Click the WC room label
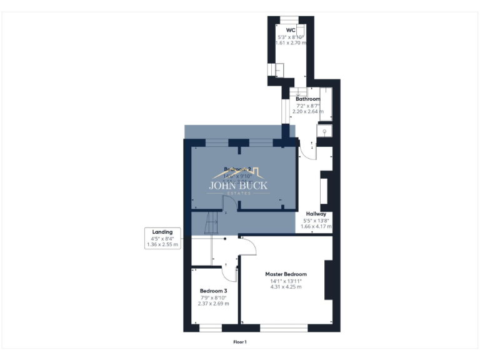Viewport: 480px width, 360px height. coord(291,29)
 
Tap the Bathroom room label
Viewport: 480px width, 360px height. coord(307,99)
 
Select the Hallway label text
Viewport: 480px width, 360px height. coord(316,214)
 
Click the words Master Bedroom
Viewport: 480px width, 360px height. coord(286,274)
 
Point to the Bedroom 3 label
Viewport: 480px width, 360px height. coord(213,291)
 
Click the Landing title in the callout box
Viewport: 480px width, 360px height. coord(162,232)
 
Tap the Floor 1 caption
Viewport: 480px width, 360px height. coord(240,342)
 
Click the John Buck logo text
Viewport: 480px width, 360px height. coord(237,185)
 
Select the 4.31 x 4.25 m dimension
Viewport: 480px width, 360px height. coord(286,287)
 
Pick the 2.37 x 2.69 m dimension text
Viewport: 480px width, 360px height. coord(213,304)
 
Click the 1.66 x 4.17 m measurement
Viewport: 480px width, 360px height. coord(316,226)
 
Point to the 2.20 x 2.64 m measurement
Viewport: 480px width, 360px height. coord(307,111)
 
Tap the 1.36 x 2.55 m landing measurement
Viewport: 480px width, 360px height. coord(162,244)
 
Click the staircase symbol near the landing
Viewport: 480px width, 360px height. coord(211,222)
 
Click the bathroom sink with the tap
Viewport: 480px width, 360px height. coord(325,131)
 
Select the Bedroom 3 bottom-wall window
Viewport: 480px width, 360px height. coord(210,327)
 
